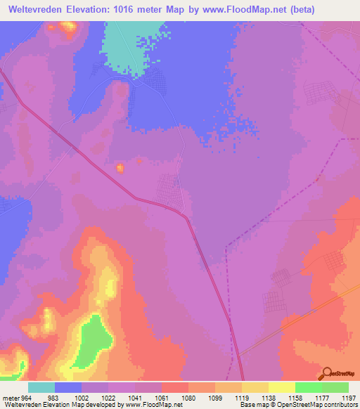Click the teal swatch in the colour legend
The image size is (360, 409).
tap(41, 387)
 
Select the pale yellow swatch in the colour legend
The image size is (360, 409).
tap(282, 387)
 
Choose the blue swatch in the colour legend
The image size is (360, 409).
tap(67, 387)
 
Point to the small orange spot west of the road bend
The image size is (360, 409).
tap(120, 168)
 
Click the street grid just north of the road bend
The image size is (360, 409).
tap(168, 188)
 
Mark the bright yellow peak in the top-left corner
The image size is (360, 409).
tap(69, 27)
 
